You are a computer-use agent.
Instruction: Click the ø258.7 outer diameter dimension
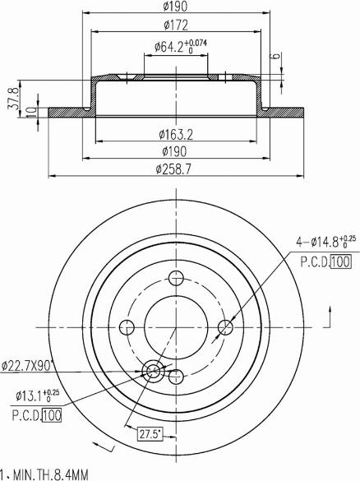pyautogui.click(x=174, y=169)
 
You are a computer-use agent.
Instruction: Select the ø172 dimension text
pyautogui.click(x=173, y=26)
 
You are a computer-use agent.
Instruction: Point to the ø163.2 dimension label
pyautogui.click(x=174, y=133)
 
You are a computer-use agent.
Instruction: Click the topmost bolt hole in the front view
pyautogui.click(x=174, y=276)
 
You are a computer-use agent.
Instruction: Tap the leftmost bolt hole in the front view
pyautogui.click(x=127, y=327)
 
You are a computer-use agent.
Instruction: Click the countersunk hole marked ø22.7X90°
pyautogui.click(x=153, y=372)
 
